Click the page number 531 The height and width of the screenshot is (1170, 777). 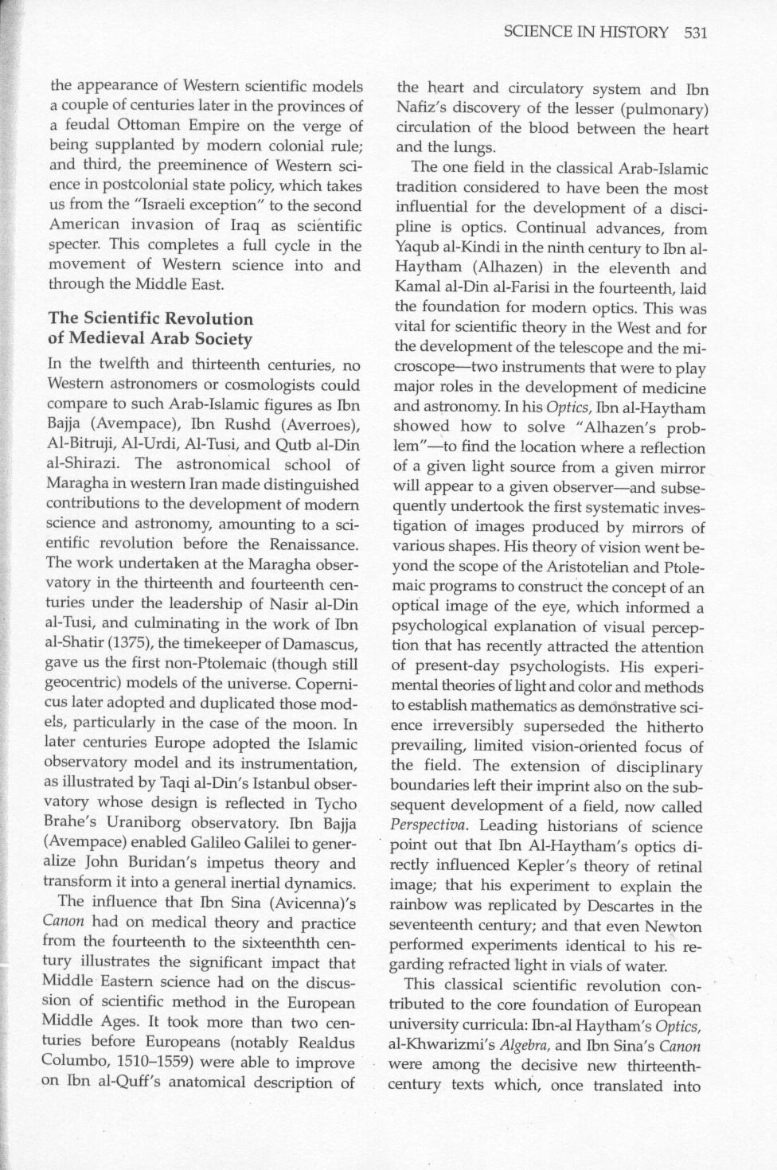coord(695,33)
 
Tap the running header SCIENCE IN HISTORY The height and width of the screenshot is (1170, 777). coord(586,33)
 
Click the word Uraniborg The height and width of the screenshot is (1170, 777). coord(152,823)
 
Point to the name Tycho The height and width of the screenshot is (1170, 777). coord(334,803)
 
